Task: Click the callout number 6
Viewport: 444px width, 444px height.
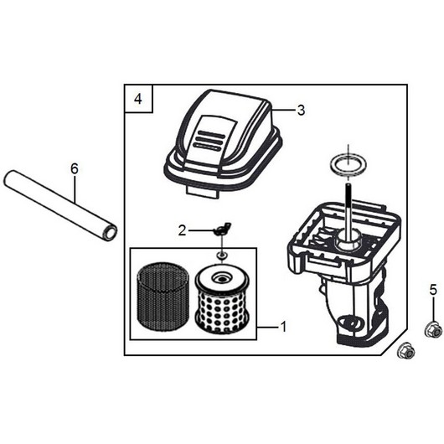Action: point(75,169)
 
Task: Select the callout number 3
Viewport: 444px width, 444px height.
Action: point(301,110)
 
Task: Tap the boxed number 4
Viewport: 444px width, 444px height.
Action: point(138,99)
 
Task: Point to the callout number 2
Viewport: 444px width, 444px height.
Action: point(182,230)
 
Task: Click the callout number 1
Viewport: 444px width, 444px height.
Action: point(283,327)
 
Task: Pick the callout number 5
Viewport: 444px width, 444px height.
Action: point(433,290)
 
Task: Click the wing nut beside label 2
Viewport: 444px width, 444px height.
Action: point(220,230)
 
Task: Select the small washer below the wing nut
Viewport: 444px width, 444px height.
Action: point(221,256)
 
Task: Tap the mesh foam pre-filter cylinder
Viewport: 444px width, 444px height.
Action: point(163,296)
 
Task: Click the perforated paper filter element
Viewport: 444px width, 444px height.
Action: point(222,300)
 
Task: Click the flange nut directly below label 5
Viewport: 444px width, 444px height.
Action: point(433,330)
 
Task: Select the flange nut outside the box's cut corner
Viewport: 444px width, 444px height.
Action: point(406,351)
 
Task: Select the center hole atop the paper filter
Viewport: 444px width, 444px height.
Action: point(220,279)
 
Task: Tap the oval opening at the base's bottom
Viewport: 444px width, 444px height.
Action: point(351,323)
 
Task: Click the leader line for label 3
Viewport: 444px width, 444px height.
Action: point(284,109)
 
